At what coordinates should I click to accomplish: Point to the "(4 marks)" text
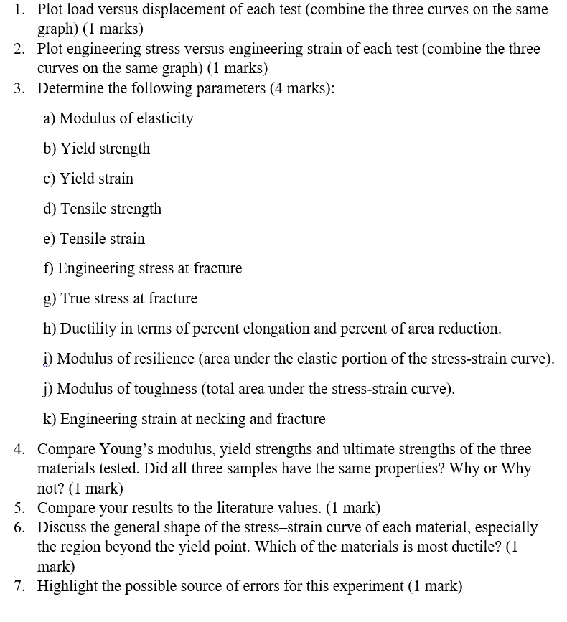302,89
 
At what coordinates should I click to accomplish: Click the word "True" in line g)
76,298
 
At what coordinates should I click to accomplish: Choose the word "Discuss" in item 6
63,528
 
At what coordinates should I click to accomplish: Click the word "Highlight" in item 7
70,586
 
